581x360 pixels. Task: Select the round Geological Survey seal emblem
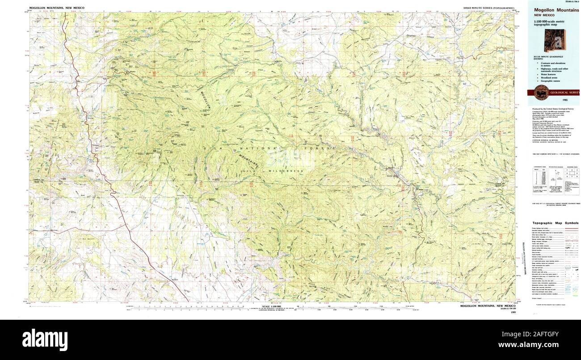click(x=541, y=92)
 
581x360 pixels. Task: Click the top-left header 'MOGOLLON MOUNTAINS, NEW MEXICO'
click(x=57, y=8)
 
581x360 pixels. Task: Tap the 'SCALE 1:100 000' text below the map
click(x=273, y=306)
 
